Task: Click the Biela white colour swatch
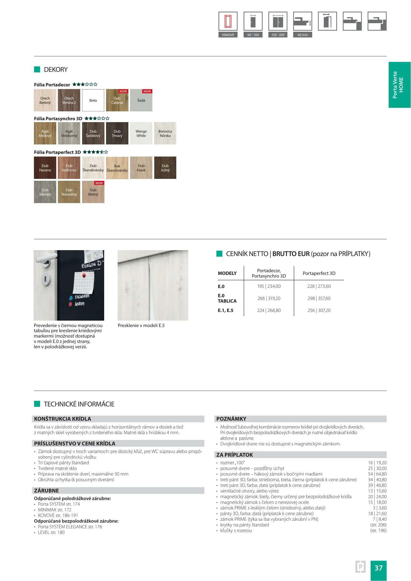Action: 93,100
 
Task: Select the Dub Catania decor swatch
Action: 117,100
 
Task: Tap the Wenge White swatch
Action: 141,133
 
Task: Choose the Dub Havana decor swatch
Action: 45,168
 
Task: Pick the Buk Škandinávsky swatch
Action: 117,168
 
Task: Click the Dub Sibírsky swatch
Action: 45,192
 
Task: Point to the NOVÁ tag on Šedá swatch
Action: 147,91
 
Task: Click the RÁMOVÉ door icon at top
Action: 228,21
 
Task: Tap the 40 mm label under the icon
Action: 303,35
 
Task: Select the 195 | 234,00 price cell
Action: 269,286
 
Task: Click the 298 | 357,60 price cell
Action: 319,299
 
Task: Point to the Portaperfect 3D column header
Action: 319,273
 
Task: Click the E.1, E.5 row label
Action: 226,310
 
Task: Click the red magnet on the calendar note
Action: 84,275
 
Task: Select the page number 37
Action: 378,568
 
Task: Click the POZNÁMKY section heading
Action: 231,419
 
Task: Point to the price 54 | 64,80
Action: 377,474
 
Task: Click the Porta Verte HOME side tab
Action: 399,85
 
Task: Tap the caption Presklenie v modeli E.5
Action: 141,325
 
